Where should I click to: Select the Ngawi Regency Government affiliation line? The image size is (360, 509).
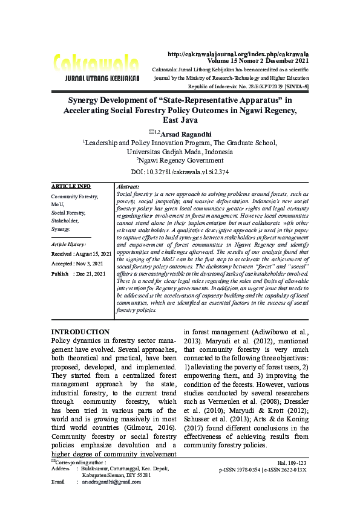180,160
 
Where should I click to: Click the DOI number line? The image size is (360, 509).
180,172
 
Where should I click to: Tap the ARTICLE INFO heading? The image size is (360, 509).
71,186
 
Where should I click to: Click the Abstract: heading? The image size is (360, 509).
128,187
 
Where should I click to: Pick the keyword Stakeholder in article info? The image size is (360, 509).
65,221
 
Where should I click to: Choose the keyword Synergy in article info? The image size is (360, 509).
61,230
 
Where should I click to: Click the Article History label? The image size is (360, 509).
69,244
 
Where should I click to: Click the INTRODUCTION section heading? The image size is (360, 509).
80,332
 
